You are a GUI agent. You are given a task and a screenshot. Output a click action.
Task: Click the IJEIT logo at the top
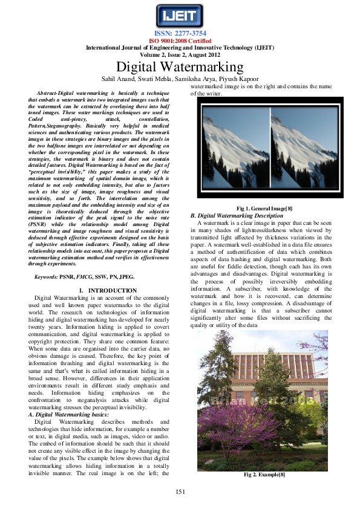[x=180, y=15]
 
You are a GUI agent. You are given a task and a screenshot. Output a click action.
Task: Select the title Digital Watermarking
[x=180, y=67]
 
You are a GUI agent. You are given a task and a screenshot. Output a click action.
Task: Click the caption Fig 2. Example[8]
[x=264, y=475]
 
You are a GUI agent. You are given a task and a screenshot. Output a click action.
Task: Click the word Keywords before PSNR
[x=47, y=276]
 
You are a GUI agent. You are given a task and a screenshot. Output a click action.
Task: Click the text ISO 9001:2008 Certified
[x=180, y=41]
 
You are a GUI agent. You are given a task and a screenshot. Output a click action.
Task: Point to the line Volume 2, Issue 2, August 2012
[x=180, y=54]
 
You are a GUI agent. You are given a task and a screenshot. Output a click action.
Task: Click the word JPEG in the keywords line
[x=126, y=276]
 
